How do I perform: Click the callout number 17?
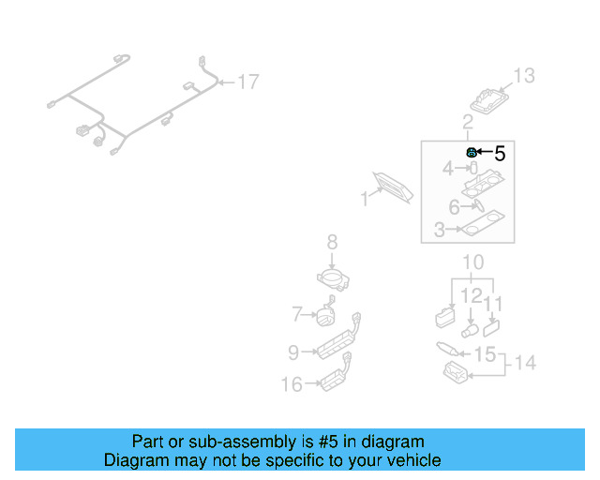tap(247, 82)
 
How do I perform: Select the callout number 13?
tap(523, 76)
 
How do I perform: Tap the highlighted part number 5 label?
tap(499, 153)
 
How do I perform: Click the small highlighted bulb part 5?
tap(471, 152)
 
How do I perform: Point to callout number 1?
tap(364, 199)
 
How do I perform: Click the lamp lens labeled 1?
tap(393, 187)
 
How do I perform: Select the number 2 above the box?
tap(467, 123)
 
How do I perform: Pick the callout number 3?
tap(439, 230)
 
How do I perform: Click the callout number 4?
tap(448, 169)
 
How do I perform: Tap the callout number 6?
tap(454, 207)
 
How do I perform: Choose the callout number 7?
tap(296, 313)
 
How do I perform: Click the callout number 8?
tap(332, 243)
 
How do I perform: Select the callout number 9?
tap(293, 352)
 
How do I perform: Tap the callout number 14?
tap(525, 362)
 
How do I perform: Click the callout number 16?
tap(292, 383)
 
